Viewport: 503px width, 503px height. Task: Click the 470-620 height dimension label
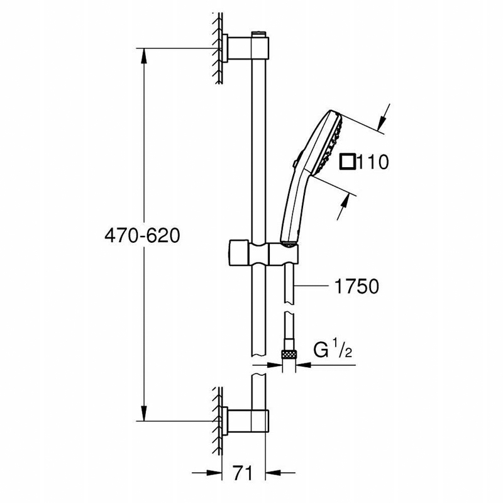point(142,236)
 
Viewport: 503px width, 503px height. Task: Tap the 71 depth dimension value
point(243,472)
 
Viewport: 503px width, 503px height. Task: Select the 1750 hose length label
point(357,286)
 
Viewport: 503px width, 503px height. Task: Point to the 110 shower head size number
point(373,162)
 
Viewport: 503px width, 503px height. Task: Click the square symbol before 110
point(348,162)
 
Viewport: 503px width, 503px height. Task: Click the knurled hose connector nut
point(289,355)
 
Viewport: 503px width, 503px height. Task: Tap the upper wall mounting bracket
point(245,48)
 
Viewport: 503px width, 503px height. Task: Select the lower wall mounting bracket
point(245,421)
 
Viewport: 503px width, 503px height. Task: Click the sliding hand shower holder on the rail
point(263,254)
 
